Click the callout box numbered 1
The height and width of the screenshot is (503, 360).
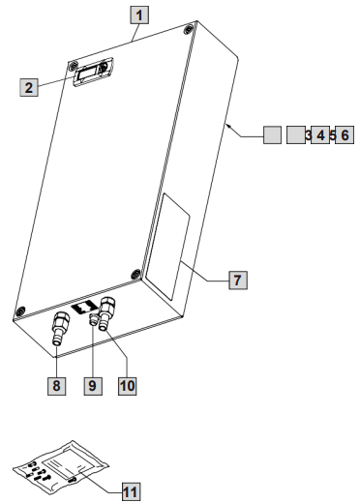(x=139, y=15)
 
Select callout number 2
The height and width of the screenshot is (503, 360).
(x=29, y=87)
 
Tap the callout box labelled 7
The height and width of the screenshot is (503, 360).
(x=238, y=280)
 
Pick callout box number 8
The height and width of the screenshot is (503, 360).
(x=56, y=386)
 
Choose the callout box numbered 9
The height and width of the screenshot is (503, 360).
(x=93, y=386)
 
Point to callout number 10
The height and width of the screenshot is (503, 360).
(x=128, y=386)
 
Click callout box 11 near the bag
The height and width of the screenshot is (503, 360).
(x=132, y=492)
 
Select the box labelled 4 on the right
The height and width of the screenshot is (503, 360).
(x=320, y=134)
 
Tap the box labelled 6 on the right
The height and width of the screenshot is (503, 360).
(x=345, y=134)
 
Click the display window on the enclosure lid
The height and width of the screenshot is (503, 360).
(x=93, y=72)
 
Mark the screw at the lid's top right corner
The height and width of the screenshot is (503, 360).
(x=189, y=30)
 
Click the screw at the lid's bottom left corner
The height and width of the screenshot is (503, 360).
(x=20, y=311)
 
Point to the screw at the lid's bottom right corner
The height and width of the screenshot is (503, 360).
(x=135, y=275)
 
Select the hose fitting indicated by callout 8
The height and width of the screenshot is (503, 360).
(x=59, y=328)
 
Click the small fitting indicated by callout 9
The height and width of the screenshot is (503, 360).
(x=94, y=319)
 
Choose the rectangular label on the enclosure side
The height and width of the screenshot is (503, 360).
(x=167, y=247)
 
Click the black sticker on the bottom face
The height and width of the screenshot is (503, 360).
(x=84, y=308)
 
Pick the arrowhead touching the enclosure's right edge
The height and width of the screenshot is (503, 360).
(x=228, y=126)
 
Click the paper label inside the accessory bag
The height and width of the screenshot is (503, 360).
(x=69, y=463)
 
